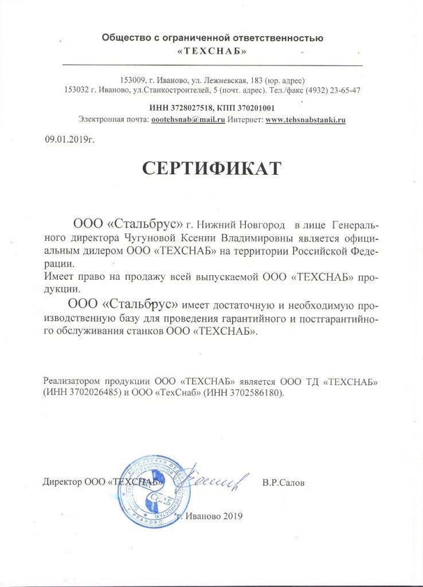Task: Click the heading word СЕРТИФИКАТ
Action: (x=211, y=168)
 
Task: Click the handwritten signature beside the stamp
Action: (x=215, y=477)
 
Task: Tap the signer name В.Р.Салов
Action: (x=284, y=483)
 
